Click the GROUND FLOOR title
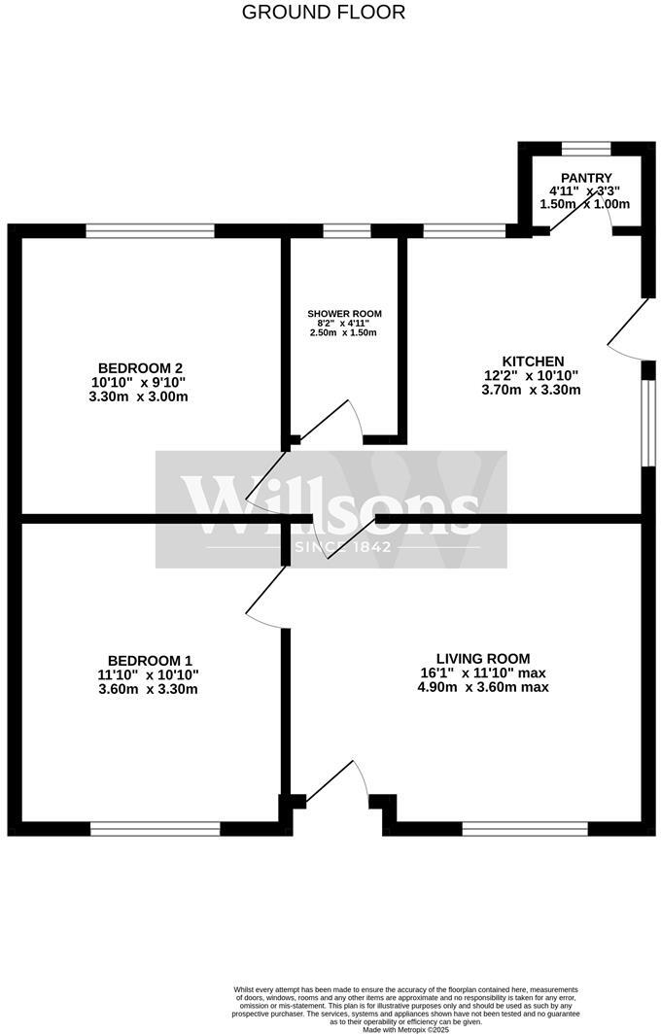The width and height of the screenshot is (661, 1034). pos(324,13)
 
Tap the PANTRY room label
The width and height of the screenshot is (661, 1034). pos(585,178)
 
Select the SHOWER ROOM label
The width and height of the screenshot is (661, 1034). pos(344,314)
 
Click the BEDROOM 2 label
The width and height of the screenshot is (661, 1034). pos(141,367)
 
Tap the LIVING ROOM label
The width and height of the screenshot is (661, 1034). pos(482,658)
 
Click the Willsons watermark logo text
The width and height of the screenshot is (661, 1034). pos(330,505)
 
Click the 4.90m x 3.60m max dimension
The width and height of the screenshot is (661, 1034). pos(483,687)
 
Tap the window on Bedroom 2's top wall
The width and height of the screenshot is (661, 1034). pos(150,231)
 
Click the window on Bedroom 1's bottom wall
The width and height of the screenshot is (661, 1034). pos(155,829)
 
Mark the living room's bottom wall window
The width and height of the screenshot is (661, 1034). pos(525,829)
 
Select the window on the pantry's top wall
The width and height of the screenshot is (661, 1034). pos(586,148)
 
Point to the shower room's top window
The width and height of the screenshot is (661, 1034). pos(347,231)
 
